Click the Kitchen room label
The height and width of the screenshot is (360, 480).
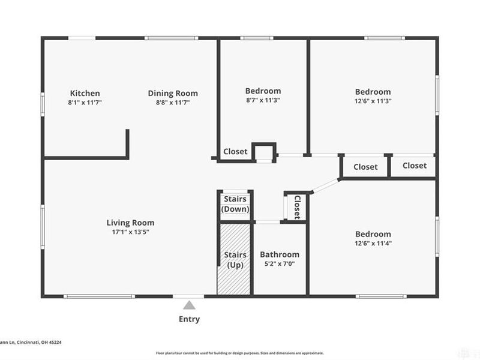click(85, 93)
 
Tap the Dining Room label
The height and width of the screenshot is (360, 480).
click(173, 93)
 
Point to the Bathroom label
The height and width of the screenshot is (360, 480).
click(280, 254)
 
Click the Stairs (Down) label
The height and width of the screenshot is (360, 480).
click(235, 204)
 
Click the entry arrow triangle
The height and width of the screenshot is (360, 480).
click(189, 305)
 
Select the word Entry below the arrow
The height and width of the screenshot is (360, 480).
click(189, 319)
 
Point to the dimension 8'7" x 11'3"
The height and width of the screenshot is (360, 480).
click(263, 100)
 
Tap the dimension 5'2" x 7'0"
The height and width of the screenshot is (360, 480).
click(280, 263)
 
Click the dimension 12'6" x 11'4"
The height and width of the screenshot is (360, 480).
click(373, 243)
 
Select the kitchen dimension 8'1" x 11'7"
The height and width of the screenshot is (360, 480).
click(85, 103)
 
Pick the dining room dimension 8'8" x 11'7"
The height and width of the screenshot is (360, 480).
click(173, 103)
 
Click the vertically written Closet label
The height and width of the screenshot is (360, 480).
click(296, 206)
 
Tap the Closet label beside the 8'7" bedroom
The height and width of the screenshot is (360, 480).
click(235, 152)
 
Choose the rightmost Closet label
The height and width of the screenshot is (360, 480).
click(415, 166)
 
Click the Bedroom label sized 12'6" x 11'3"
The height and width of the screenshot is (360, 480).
click(373, 92)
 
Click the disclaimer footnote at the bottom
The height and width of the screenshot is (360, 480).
click(240, 353)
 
